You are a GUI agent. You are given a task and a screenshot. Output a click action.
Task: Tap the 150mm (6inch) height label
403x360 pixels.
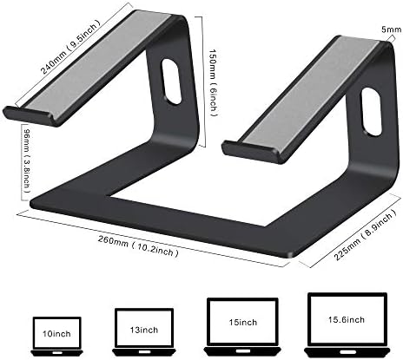(x=213, y=83)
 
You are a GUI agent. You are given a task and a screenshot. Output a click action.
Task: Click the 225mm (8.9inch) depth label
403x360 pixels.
(x=366, y=235)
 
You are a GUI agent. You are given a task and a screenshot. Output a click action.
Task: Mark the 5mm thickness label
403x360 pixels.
(x=392, y=29)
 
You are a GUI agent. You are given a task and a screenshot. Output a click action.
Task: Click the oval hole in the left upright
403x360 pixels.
(x=171, y=82)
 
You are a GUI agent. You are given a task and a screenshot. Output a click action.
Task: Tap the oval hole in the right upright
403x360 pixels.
(x=371, y=113)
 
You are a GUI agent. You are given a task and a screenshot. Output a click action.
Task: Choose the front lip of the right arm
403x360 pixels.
(x=251, y=152)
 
